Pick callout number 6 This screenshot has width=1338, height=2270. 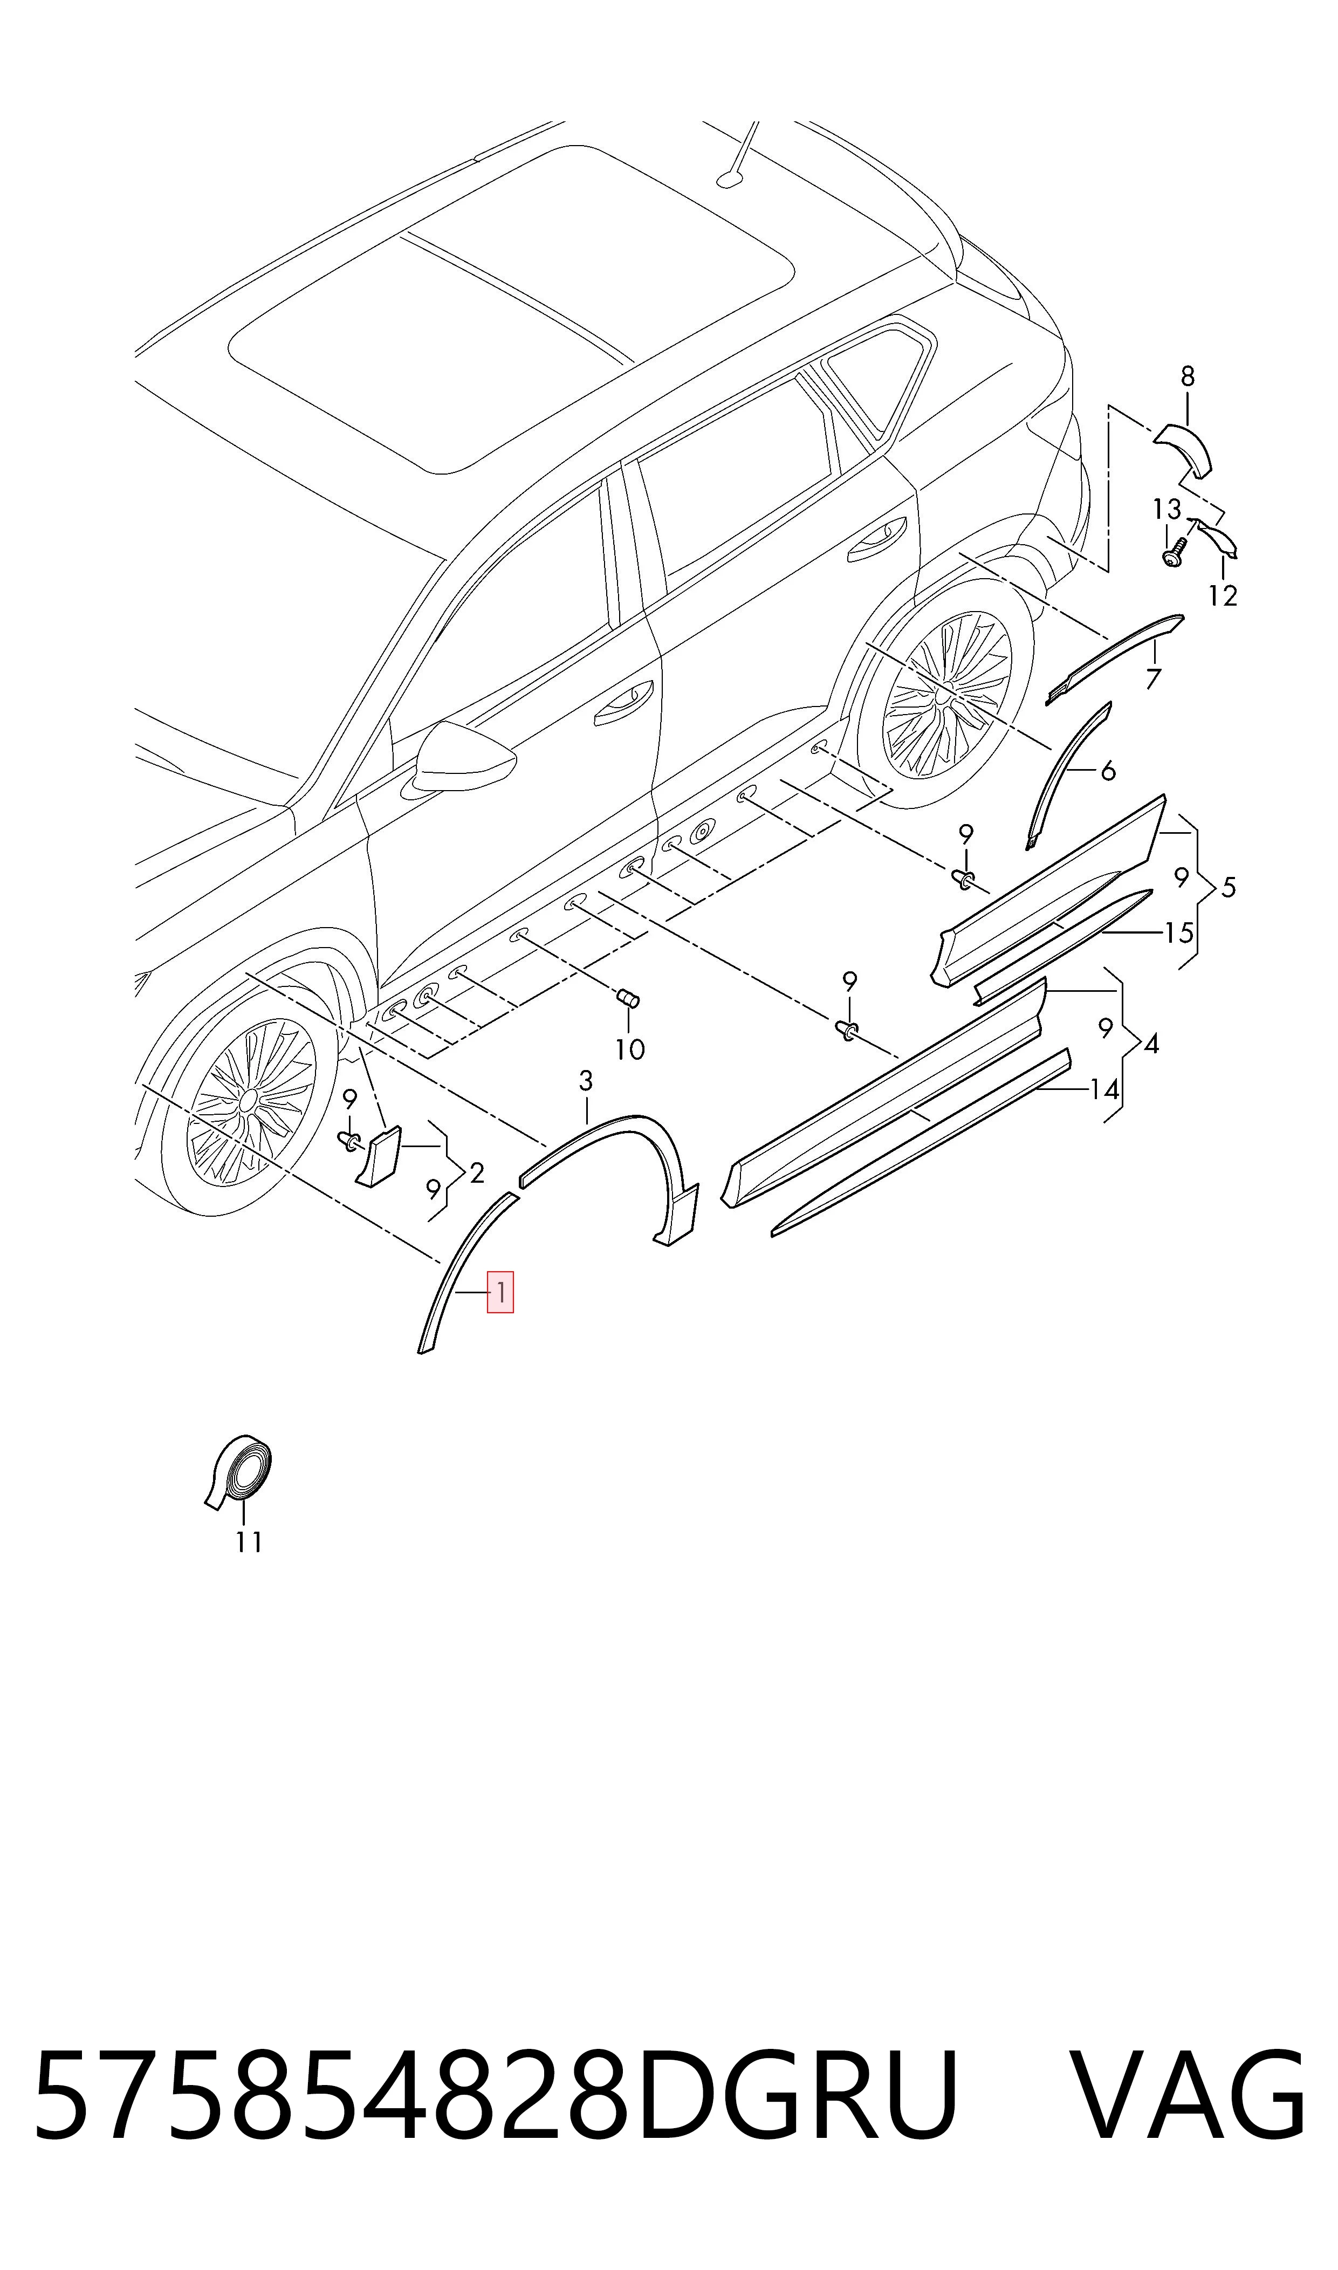pos(1108,770)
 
